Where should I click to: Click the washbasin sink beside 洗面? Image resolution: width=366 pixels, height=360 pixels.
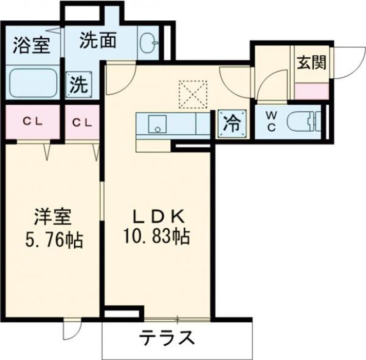coord(148,42)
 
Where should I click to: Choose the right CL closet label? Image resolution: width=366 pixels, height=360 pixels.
coord(81,122)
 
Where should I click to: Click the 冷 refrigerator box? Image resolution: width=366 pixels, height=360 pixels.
coord(231,124)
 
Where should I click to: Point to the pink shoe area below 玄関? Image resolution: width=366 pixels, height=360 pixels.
coord(311,92)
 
